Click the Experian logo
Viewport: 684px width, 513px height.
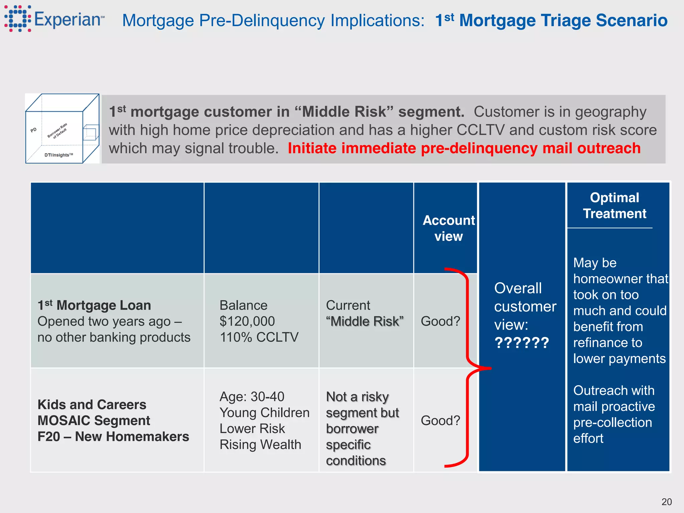click(53, 19)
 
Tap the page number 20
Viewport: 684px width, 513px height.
click(666, 502)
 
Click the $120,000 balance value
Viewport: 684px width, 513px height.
click(247, 321)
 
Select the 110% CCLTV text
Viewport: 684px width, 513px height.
click(259, 337)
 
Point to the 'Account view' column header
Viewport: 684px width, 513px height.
click(449, 228)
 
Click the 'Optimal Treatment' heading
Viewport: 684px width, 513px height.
click(614, 206)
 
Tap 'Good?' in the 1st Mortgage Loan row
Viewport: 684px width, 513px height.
click(440, 321)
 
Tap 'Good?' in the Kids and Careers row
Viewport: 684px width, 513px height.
click(440, 420)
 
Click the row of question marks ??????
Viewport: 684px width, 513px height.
click(522, 343)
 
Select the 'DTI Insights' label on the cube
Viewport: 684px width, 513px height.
click(58, 155)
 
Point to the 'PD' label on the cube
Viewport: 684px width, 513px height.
click(33, 130)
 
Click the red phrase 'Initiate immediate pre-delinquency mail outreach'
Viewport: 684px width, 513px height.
click(464, 148)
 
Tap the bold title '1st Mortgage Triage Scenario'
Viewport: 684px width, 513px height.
click(551, 20)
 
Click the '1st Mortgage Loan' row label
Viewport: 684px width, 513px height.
click(94, 305)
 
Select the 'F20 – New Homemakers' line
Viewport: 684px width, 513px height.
click(113, 437)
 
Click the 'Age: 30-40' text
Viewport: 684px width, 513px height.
click(252, 397)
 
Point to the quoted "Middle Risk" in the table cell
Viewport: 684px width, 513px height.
click(365, 321)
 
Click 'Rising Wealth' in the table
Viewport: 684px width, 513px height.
click(260, 445)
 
